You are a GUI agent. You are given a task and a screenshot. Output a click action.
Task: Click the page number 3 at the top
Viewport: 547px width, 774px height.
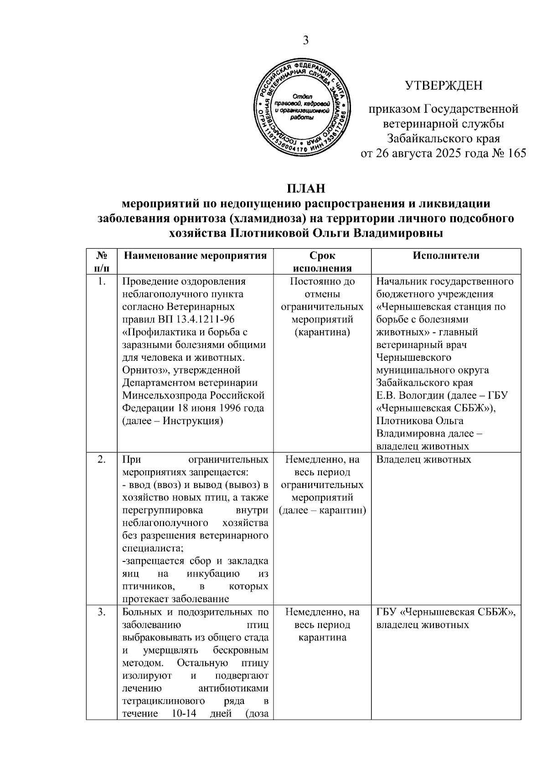305,41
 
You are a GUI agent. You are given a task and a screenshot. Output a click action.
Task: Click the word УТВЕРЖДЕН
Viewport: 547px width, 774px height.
444,85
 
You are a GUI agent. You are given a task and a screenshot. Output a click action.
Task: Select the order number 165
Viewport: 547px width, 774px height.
516,153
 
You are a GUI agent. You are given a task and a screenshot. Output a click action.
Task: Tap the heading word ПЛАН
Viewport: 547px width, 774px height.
306,189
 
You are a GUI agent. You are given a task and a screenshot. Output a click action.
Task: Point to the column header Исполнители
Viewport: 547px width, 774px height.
446,255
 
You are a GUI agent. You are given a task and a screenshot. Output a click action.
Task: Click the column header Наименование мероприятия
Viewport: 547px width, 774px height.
195,255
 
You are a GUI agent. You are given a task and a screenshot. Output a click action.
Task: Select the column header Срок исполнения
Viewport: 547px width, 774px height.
322,262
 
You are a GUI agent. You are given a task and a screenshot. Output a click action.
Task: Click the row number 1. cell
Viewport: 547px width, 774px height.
101,281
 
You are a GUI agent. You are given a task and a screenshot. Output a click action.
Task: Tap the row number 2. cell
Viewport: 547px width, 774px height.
101,459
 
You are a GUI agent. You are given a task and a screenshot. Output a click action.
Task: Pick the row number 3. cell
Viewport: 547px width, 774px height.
101,612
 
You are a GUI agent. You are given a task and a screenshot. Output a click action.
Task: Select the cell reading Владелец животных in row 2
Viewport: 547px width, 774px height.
423,459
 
